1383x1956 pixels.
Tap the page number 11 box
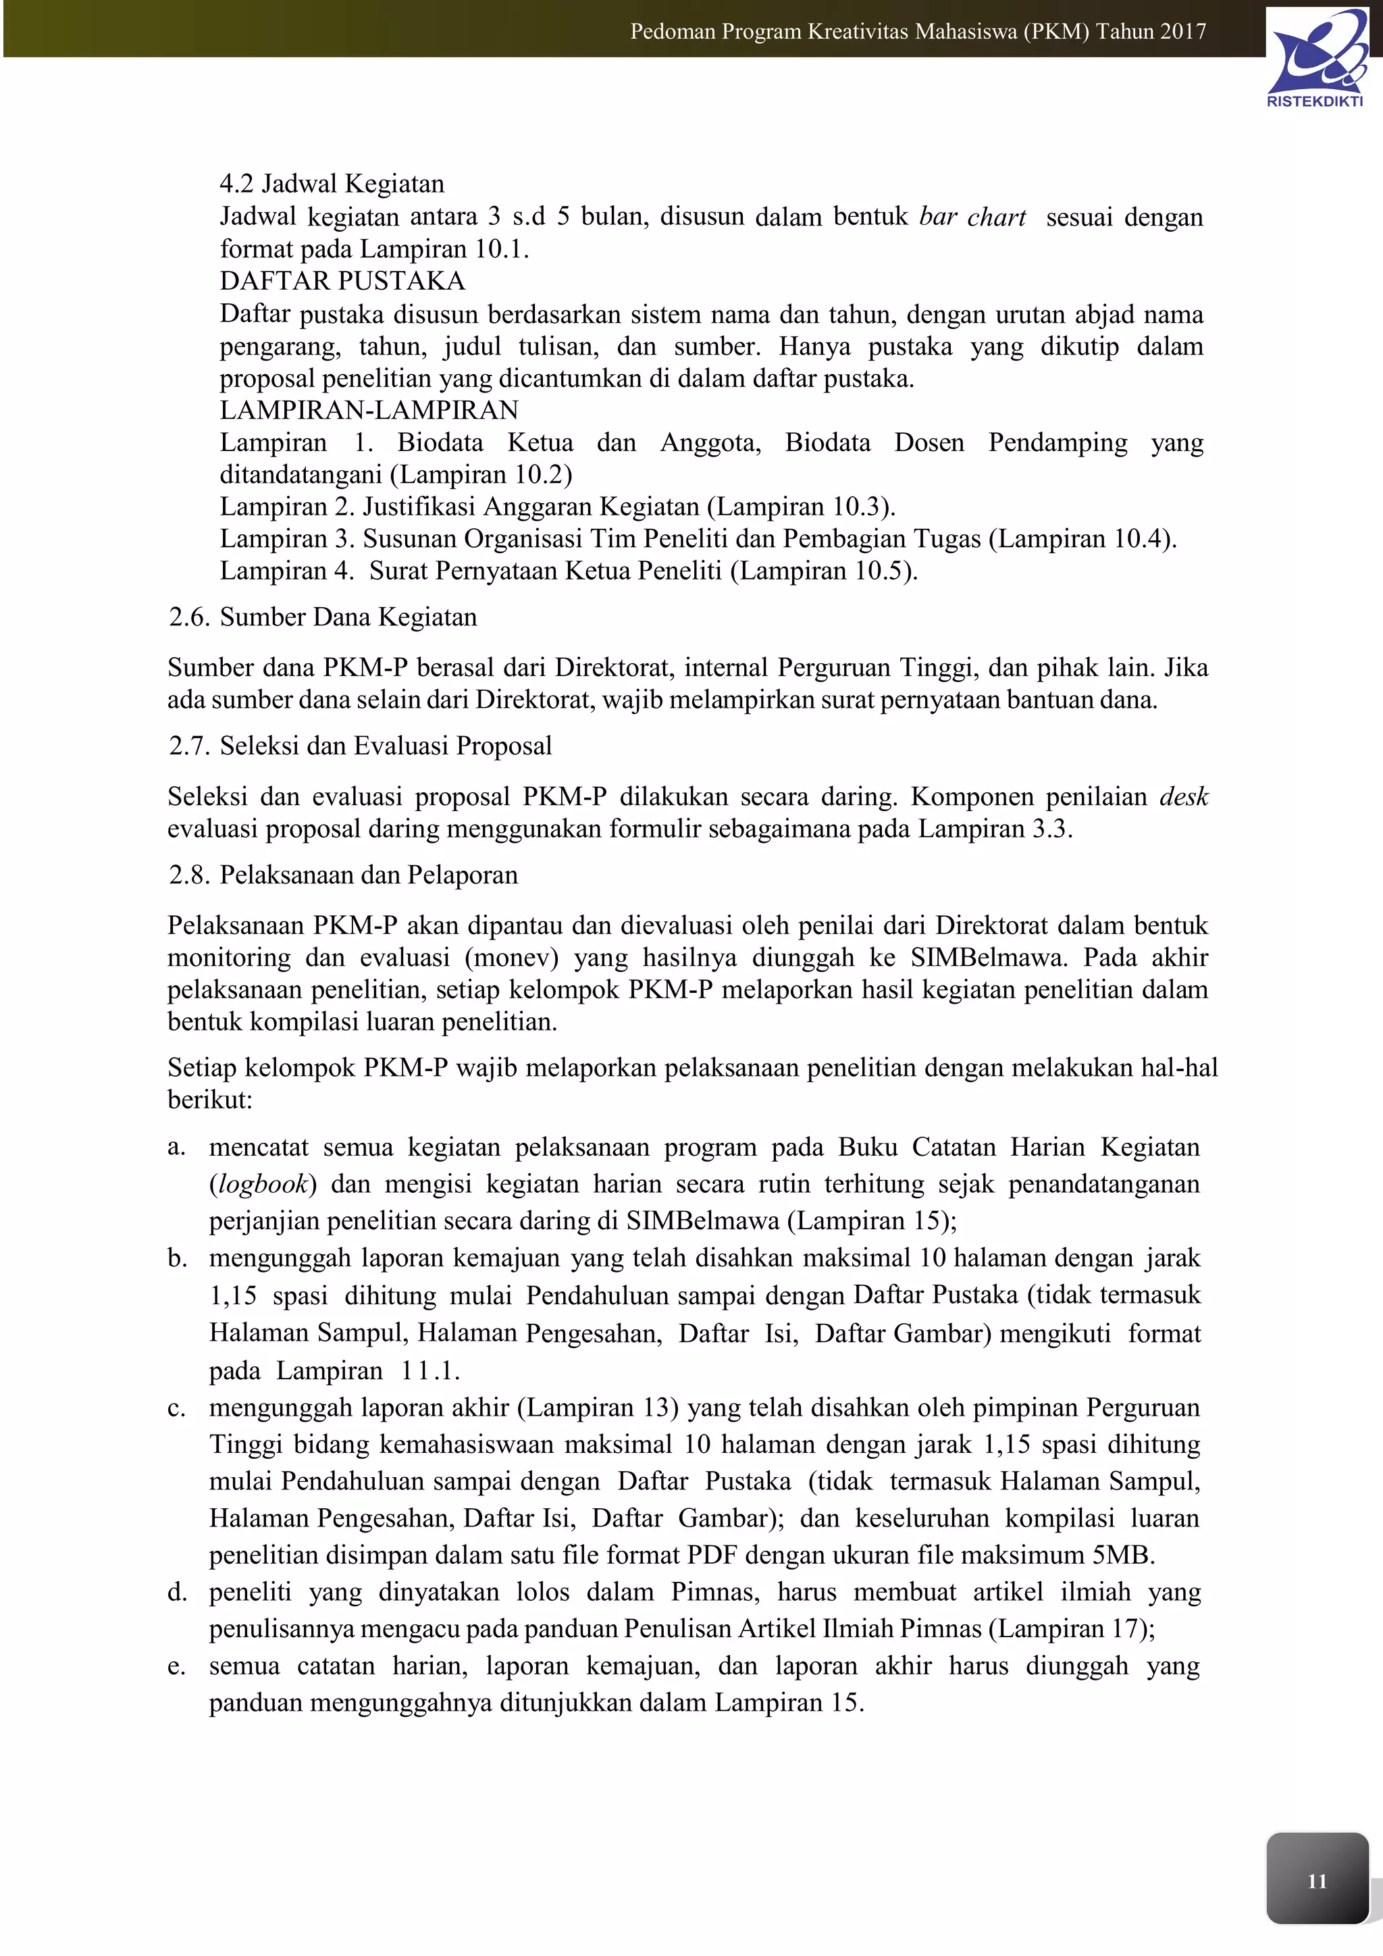[x=1317, y=1881]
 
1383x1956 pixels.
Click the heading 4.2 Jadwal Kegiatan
[x=332, y=184]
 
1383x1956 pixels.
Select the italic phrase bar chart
[x=972, y=217]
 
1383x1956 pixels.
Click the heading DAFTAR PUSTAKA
[x=342, y=281]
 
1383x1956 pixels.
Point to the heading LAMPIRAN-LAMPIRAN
[x=369, y=411]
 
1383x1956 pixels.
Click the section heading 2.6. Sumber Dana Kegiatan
[x=323, y=617]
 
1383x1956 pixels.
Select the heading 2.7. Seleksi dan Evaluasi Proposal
[x=360, y=746]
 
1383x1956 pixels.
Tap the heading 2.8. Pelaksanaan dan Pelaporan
[x=343, y=875]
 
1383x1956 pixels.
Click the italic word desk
[x=1184, y=796]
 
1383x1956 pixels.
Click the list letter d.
[x=176, y=1592]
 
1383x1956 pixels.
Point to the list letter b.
[x=176, y=1258]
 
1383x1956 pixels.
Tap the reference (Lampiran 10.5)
[x=823, y=571]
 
